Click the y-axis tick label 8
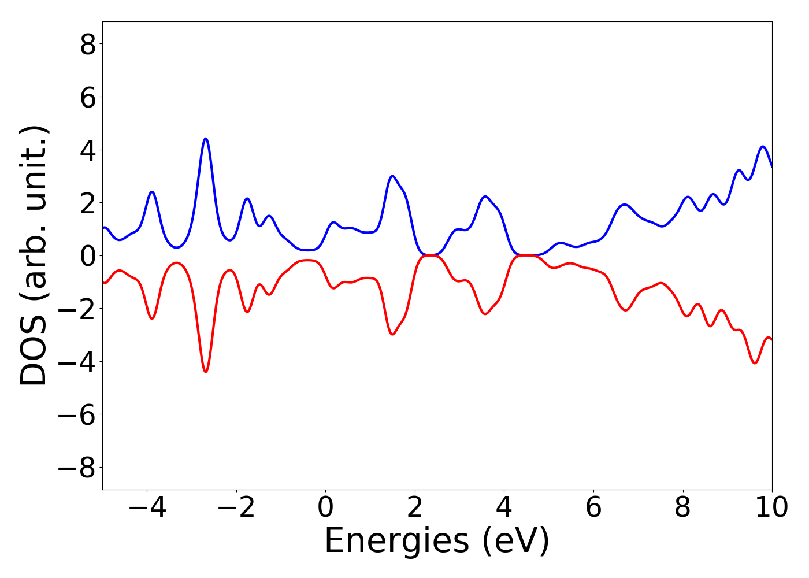click(88, 45)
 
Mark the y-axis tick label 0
click(88, 256)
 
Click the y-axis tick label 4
click(88, 150)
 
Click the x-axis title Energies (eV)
click(437, 542)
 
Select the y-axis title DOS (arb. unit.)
click(35, 256)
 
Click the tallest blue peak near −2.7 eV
click(206, 139)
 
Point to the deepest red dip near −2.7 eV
click(206, 372)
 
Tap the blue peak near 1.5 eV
click(392, 176)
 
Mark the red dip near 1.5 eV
click(392, 335)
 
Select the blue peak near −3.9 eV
click(152, 192)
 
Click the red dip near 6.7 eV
click(625, 310)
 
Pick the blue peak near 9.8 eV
click(763, 147)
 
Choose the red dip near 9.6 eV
click(755, 363)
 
